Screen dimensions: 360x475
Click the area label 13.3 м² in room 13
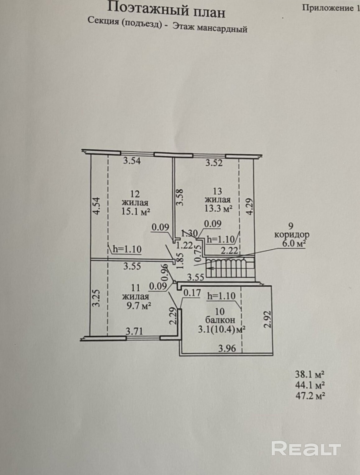point(218,208)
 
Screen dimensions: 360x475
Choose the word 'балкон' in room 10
point(220,320)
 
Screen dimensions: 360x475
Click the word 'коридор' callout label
point(292,235)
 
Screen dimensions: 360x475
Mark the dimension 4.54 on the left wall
point(96,205)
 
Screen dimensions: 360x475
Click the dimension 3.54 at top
point(132,161)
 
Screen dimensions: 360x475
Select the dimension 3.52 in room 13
point(214,163)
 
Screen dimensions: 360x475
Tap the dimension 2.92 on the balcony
point(267,319)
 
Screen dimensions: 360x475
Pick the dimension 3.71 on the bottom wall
point(134,331)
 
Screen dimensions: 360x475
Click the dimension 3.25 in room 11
point(96,298)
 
